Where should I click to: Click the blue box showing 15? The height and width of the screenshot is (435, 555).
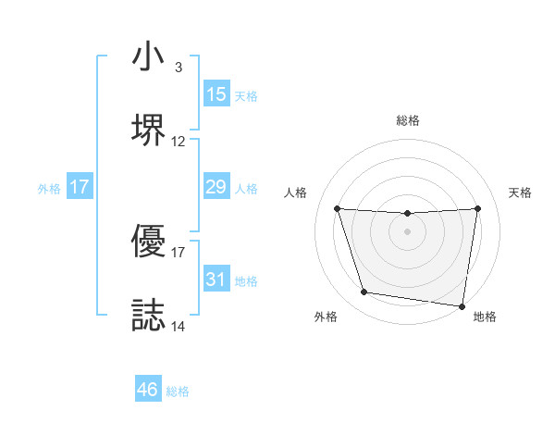[216, 94]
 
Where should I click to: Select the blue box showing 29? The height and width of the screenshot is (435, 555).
[216, 187]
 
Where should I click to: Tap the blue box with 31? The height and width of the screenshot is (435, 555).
[216, 280]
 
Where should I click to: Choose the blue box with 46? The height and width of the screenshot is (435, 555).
[148, 390]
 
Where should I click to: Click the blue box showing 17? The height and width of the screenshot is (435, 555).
[80, 187]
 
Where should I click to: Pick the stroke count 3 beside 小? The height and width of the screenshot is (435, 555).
[179, 68]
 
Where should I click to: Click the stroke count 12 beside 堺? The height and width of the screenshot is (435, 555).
[179, 142]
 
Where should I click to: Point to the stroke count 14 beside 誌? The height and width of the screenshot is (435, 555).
[179, 326]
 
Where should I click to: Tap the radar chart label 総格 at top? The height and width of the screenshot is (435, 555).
[408, 121]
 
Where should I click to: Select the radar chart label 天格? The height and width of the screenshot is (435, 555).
[521, 193]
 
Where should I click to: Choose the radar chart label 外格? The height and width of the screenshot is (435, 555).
[326, 317]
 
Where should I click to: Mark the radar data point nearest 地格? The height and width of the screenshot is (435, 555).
[462, 305]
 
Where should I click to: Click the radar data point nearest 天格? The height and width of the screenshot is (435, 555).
[478, 208]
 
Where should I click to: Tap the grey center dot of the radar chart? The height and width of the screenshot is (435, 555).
[408, 231]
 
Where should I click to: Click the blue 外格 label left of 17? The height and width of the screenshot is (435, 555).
[49, 188]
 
